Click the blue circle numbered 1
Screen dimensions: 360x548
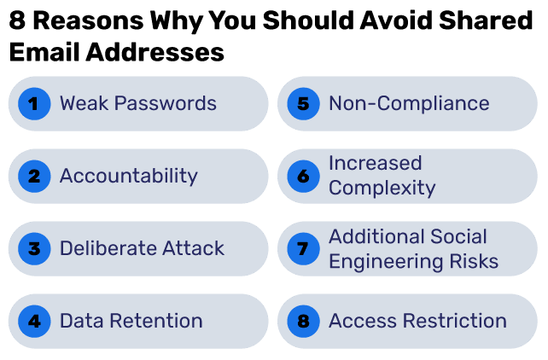click(33, 104)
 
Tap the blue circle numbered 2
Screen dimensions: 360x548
click(33, 177)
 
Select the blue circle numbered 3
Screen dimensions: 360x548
click(33, 249)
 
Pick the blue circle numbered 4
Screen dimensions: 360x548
click(33, 322)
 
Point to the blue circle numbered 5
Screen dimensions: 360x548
click(302, 104)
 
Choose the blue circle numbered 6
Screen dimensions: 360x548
click(302, 177)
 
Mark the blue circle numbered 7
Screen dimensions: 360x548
click(302, 249)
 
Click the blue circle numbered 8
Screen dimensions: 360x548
click(302, 322)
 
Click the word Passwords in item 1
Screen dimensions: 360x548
click(166, 104)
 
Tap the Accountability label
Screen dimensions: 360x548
click(128, 177)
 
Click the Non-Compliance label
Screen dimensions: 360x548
click(409, 104)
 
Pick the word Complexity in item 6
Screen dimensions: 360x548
click(382, 188)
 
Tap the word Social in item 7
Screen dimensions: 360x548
click(458, 237)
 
